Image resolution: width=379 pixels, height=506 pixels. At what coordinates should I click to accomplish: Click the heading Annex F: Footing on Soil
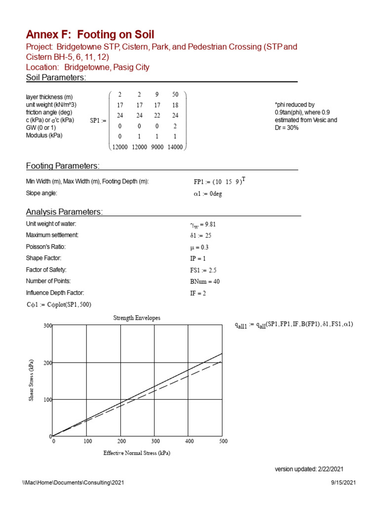(x=90, y=35)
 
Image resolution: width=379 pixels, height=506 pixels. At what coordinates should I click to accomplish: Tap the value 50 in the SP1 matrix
(x=175, y=94)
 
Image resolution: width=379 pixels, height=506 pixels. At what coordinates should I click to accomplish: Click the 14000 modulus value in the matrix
(x=175, y=146)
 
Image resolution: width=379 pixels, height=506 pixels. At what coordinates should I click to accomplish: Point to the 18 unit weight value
(x=175, y=105)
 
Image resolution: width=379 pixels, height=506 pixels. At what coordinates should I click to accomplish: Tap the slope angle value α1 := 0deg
(x=208, y=194)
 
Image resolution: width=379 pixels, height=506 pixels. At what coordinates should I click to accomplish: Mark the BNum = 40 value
(x=205, y=282)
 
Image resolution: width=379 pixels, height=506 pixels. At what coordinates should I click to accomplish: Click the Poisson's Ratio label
(x=46, y=247)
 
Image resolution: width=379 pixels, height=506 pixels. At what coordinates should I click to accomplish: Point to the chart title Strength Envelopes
(x=137, y=318)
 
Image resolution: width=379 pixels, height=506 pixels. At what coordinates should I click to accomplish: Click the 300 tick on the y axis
(x=47, y=326)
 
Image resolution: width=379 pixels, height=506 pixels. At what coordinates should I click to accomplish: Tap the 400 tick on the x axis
(x=189, y=441)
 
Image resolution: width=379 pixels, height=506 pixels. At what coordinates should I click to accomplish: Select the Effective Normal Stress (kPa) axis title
(x=137, y=453)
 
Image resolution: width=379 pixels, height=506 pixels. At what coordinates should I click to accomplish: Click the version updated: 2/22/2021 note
(x=309, y=469)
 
